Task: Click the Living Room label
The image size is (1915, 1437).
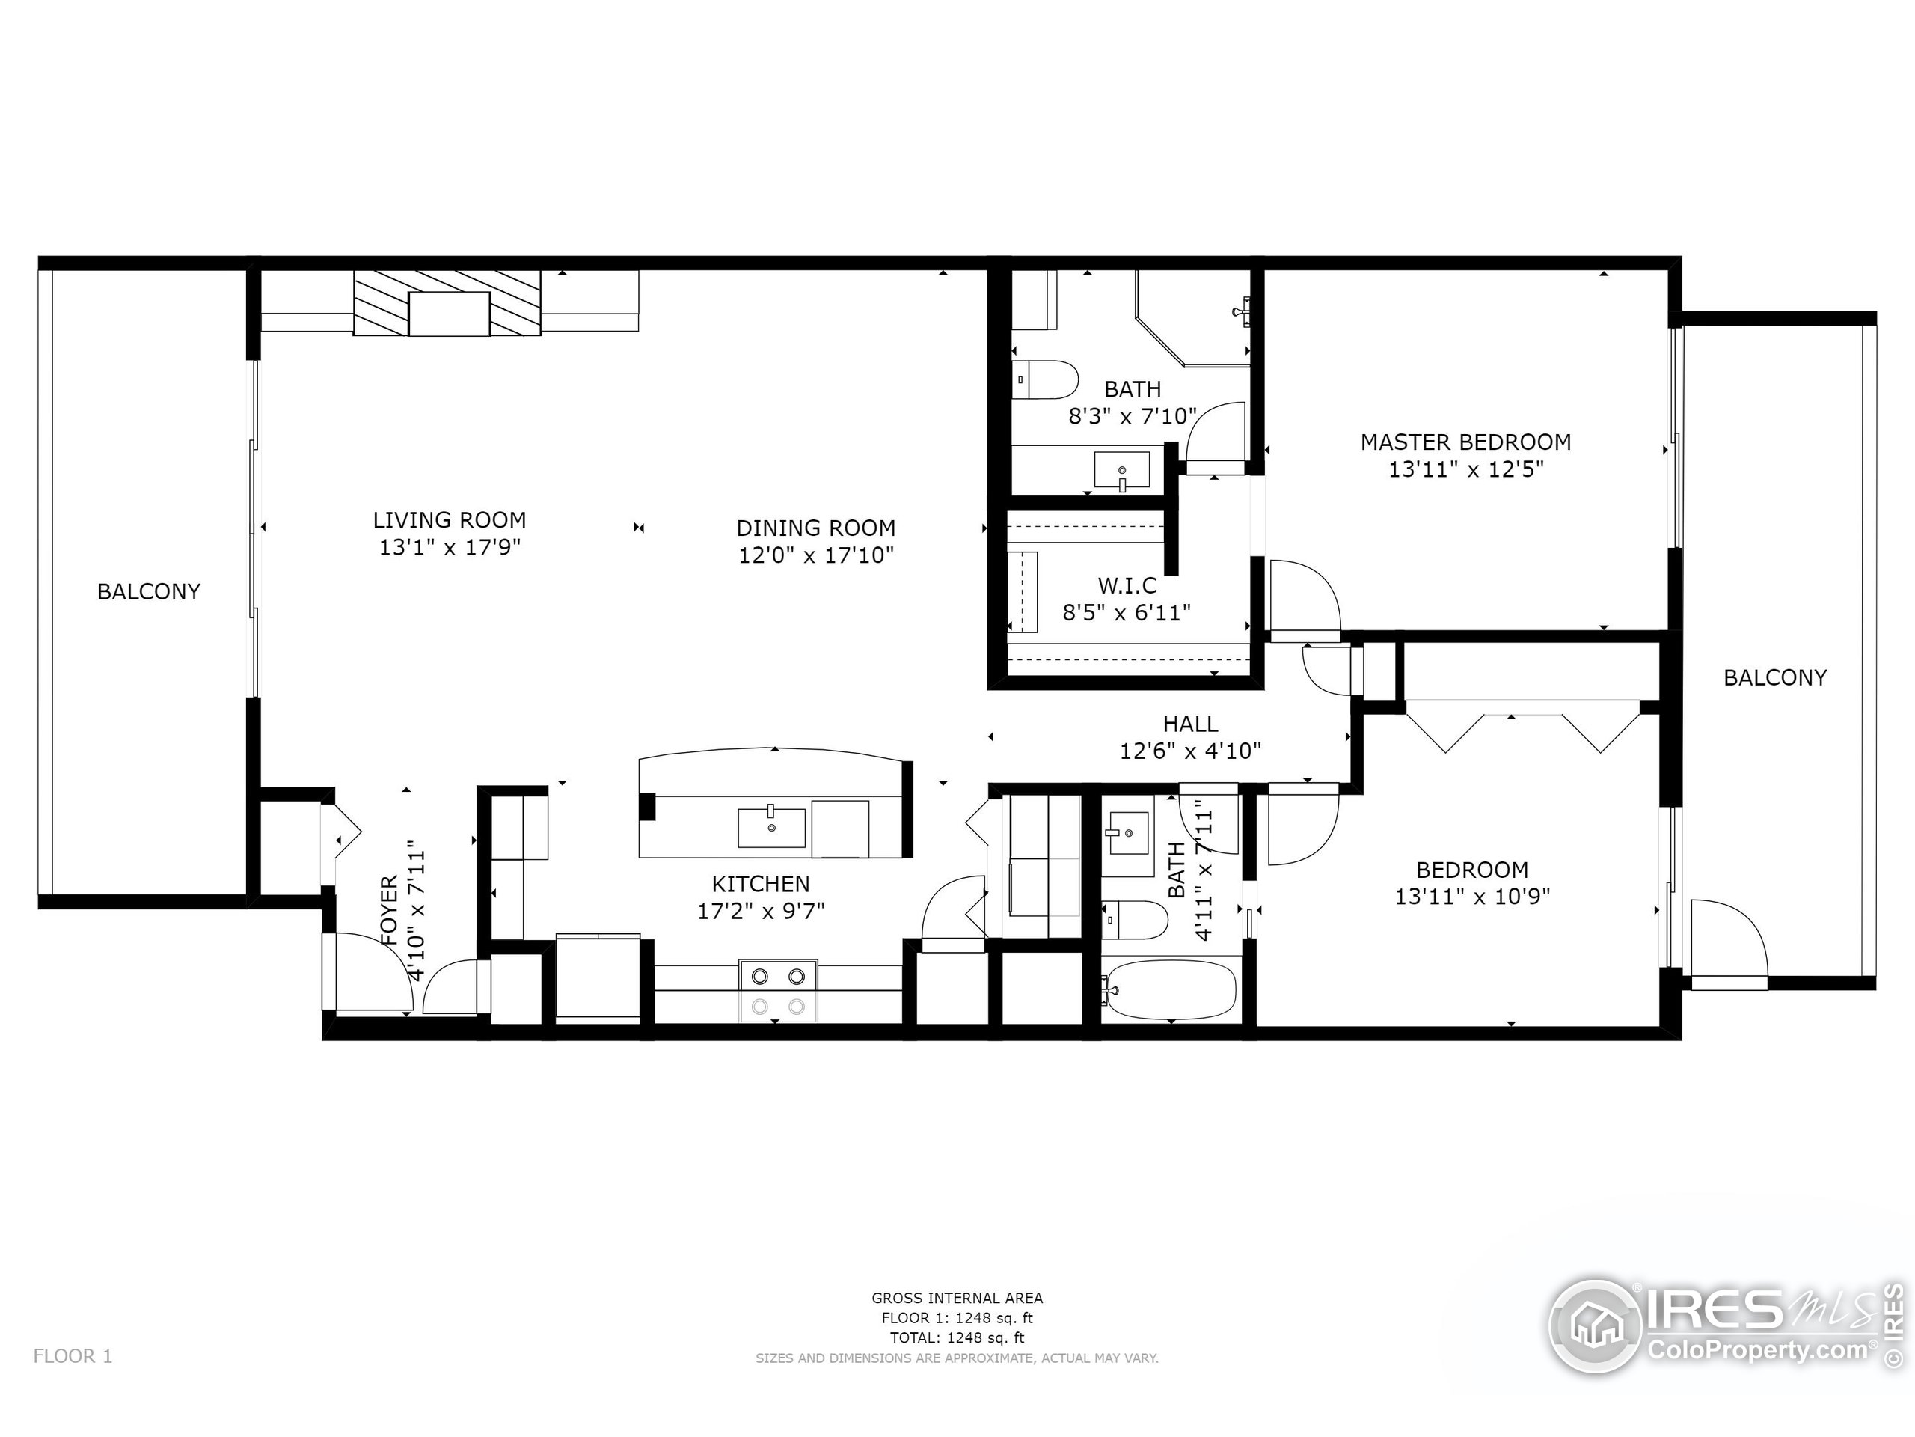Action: [x=450, y=519]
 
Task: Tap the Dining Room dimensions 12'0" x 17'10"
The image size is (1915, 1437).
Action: [x=815, y=555]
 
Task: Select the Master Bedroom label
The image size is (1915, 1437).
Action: [x=1465, y=442]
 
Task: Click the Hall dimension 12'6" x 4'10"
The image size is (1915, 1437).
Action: [x=1190, y=751]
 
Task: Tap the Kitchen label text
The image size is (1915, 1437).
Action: [x=760, y=883]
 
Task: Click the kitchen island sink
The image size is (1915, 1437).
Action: [x=771, y=828]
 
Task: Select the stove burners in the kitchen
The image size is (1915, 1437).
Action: [x=778, y=990]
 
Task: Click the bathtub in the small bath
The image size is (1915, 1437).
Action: [x=1168, y=990]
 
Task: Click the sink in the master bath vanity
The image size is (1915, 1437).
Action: [x=1122, y=470]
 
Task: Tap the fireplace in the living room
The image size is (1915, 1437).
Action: [x=448, y=303]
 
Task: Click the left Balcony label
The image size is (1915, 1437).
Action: [x=149, y=591]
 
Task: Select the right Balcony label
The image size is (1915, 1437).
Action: [x=1775, y=677]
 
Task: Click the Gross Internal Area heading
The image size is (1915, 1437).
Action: [x=957, y=1298]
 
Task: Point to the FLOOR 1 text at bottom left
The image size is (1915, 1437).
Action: [x=73, y=1356]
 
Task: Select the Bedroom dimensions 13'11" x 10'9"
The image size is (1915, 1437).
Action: [x=1471, y=897]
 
